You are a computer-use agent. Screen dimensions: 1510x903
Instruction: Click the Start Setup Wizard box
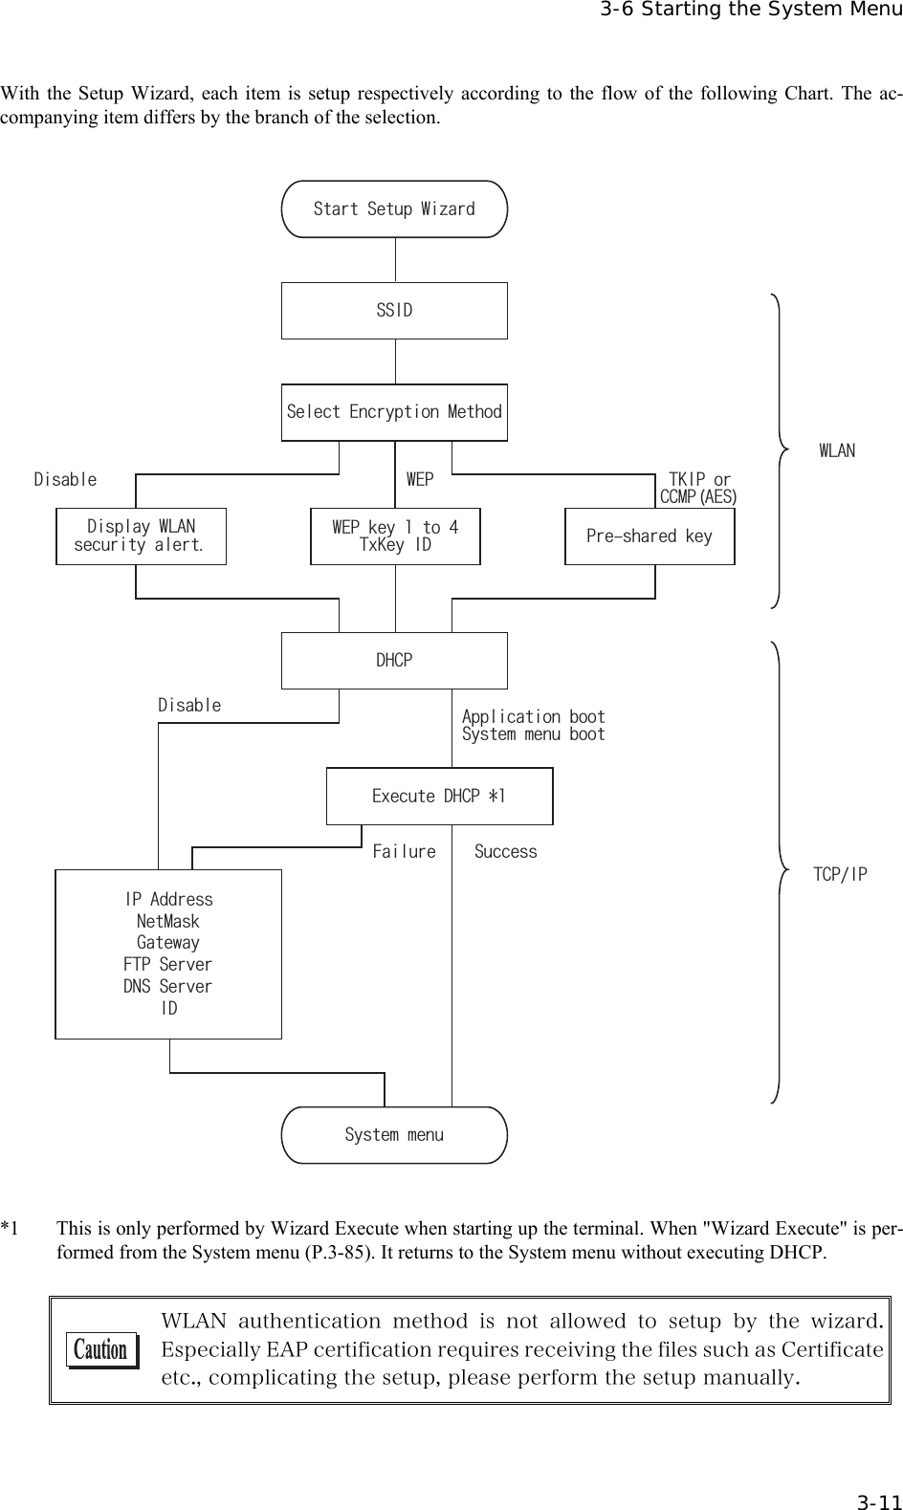coord(394,208)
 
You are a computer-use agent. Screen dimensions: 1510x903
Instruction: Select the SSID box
coord(394,311)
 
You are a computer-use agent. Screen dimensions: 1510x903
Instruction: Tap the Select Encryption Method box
coord(394,412)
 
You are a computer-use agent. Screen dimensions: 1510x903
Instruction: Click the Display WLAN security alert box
coord(141,536)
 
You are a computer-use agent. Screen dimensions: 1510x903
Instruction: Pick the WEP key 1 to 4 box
coord(395,536)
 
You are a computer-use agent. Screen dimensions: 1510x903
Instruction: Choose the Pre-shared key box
coord(650,536)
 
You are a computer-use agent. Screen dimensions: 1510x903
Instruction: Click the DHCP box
coord(394,661)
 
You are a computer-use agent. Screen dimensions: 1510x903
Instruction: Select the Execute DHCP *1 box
coord(439,797)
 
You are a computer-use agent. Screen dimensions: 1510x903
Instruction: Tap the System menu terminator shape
coord(394,1135)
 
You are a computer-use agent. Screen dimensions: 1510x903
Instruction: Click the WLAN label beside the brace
coord(837,450)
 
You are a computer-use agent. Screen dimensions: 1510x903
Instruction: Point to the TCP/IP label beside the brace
coord(840,874)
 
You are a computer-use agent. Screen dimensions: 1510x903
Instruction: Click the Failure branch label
coord(404,851)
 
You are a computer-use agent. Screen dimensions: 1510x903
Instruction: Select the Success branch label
coord(506,851)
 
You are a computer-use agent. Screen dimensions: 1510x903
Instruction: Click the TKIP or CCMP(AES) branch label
coord(699,488)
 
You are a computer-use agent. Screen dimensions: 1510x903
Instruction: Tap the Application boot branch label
coord(533,717)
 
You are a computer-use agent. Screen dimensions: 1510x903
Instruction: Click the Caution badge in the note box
coord(101,1350)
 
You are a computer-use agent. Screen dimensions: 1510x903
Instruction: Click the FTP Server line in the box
coord(168,964)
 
